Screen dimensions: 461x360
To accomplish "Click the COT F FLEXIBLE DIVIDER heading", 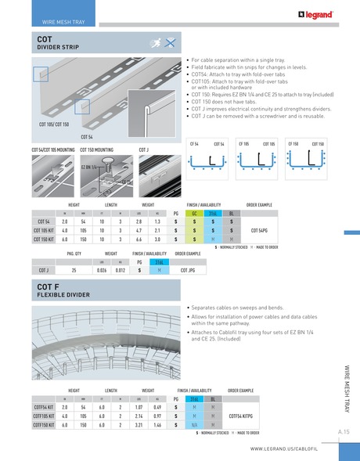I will tap(66, 293).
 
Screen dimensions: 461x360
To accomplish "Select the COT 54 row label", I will tap(41, 221).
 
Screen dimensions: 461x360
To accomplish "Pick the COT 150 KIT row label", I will tap(41, 240).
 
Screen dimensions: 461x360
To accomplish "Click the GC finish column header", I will tap(194, 212).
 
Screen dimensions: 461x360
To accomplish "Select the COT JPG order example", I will tap(188, 270).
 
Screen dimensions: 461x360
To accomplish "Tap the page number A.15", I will tap(344, 431).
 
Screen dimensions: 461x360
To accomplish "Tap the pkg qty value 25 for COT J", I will tap(74, 270).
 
